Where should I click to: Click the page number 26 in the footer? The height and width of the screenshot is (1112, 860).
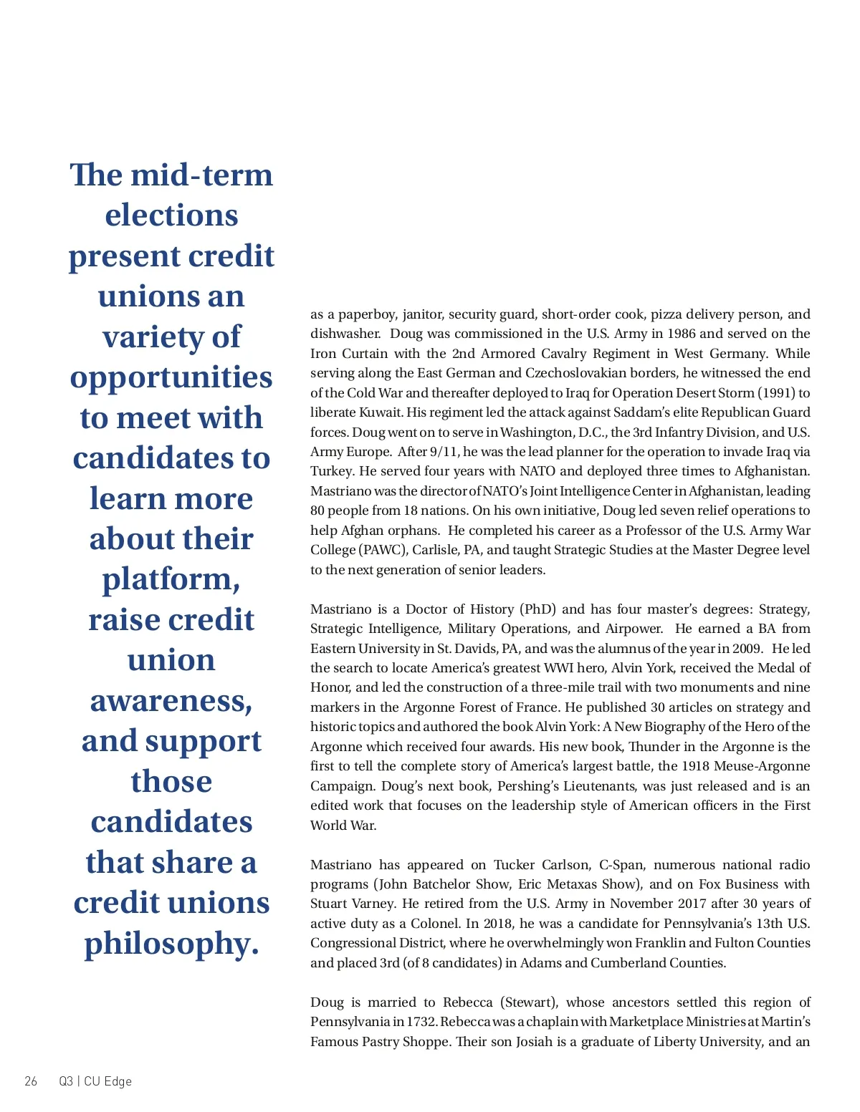[31, 1081]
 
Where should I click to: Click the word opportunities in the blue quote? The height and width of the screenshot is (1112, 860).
[171, 377]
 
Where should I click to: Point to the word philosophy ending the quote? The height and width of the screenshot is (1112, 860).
[171, 944]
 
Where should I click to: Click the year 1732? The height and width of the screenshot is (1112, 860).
[421, 1022]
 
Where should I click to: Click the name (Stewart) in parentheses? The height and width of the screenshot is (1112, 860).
[528, 1002]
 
